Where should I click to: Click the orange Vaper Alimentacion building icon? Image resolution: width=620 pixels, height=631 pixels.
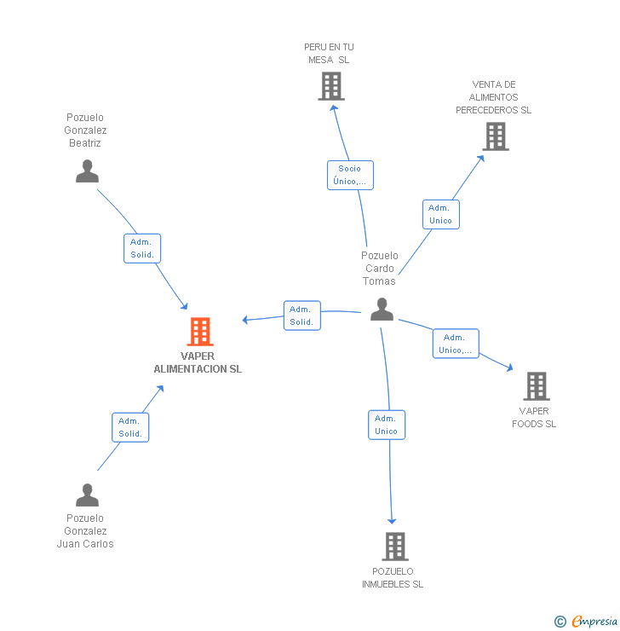(x=200, y=332)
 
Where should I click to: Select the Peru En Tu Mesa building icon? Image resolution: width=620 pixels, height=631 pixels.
(x=331, y=86)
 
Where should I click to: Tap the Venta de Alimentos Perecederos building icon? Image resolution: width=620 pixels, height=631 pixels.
(x=495, y=136)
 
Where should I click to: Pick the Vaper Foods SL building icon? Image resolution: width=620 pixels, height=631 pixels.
(x=536, y=386)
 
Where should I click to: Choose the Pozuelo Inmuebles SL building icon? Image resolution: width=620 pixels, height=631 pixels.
(x=394, y=547)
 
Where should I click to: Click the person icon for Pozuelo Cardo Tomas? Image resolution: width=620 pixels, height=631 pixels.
(x=382, y=310)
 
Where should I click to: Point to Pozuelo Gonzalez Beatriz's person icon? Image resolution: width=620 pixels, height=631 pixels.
(x=87, y=171)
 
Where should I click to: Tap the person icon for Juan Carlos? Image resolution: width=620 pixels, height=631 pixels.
(x=87, y=495)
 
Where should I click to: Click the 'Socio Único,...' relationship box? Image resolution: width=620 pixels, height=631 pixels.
(x=350, y=175)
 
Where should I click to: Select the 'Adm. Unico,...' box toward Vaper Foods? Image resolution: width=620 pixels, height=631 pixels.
(x=456, y=344)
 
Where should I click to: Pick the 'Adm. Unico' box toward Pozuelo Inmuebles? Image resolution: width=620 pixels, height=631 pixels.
(x=387, y=425)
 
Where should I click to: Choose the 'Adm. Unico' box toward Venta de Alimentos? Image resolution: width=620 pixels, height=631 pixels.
(x=440, y=214)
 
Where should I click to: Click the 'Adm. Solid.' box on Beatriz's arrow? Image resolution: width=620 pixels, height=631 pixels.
(x=141, y=248)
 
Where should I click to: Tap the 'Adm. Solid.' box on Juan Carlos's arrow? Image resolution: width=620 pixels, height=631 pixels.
(x=130, y=427)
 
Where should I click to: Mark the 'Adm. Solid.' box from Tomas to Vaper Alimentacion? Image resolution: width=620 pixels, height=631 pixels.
(x=301, y=315)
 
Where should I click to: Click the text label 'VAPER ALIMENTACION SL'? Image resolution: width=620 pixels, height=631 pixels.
(x=198, y=363)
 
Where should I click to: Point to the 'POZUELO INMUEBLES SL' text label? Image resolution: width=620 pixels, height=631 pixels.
(x=393, y=578)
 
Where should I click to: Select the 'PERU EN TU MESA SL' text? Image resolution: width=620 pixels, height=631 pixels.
(x=329, y=53)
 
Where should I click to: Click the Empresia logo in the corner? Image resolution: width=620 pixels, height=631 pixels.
(x=587, y=622)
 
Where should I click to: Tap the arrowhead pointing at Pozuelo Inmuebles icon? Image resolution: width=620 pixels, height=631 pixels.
(x=392, y=519)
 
